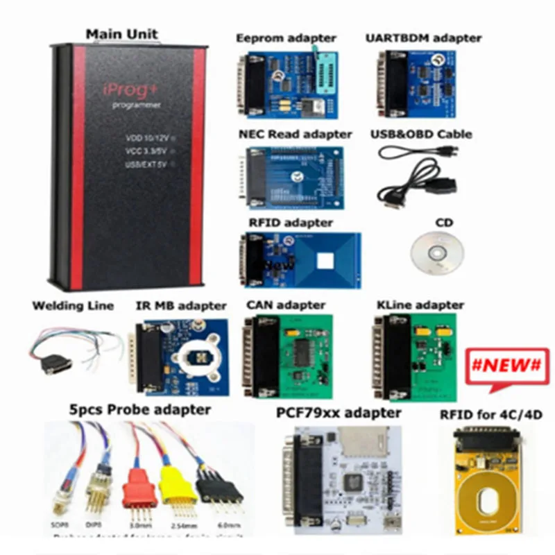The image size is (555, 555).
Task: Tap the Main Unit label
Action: (x=121, y=33)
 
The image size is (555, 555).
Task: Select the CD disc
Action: (x=436, y=251)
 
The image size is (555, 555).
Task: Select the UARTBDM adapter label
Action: (x=423, y=37)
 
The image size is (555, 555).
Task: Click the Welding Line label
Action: (x=73, y=305)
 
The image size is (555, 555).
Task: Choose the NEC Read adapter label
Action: (x=296, y=134)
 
